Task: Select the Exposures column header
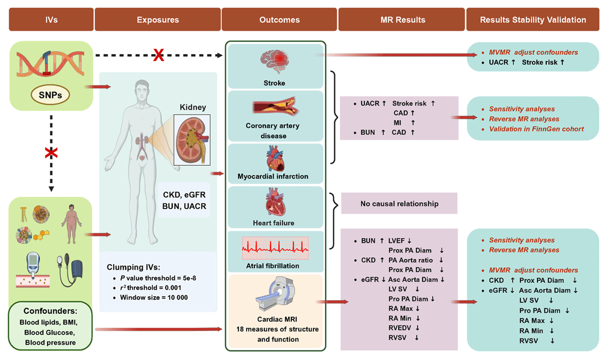(x=158, y=20)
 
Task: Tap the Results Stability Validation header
(x=533, y=20)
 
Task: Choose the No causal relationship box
(x=399, y=204)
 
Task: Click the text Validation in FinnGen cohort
(x=536, y=129)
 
